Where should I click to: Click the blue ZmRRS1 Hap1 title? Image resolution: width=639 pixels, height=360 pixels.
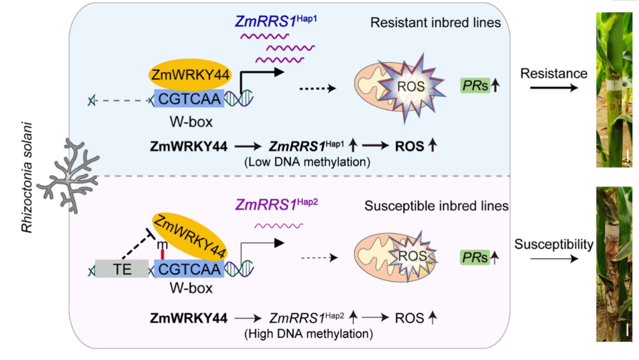(x=275, y=21)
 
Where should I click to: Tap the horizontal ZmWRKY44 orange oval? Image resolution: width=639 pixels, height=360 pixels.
(x=190, y=75)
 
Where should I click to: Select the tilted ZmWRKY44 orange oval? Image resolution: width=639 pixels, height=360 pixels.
(x=190, y=236)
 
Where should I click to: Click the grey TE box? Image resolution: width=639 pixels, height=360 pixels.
(x=122, y=269)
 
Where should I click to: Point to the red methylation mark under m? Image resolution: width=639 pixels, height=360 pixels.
(x=162, y=255)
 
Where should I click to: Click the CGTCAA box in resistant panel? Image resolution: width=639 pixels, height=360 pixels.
(x=189, y=99)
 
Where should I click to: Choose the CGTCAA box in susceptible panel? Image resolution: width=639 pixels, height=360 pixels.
(x=189, y=269)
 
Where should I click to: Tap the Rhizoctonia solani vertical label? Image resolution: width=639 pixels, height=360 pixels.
(x=27, y=178)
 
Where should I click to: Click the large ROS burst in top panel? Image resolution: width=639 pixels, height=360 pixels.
(x=411, y=87)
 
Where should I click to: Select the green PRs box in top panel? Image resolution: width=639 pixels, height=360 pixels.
(x=475, y=86)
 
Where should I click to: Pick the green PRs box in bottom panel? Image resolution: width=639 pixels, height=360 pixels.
(x=475, y=258)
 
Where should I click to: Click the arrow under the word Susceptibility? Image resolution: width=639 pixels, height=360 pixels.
(x=554, y=258)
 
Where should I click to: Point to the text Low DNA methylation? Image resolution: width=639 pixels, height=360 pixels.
(x=307, y=162)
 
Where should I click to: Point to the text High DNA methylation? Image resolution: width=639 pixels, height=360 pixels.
(x=308, y=334)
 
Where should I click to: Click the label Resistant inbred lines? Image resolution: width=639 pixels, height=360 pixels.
(x=435, y=22)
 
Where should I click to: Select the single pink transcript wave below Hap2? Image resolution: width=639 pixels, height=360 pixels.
(x=279, y=226)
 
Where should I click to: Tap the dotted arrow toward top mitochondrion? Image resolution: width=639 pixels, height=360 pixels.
(x=317, y=88)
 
